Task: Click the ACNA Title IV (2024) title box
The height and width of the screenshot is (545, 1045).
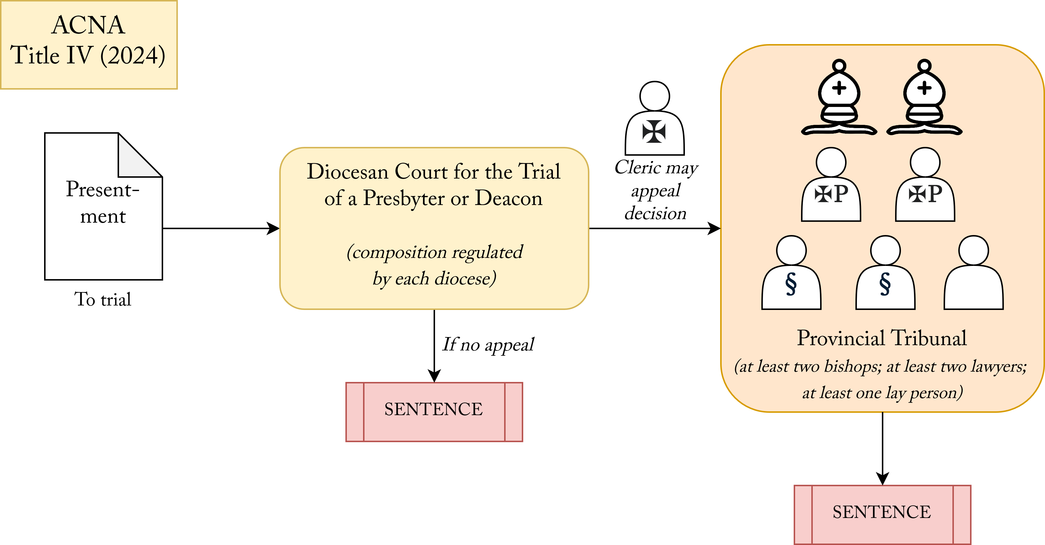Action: tap(88, 45)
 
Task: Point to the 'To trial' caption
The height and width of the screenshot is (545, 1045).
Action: tap(103, 299)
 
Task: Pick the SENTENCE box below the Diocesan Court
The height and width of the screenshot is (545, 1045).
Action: tap(434, 412)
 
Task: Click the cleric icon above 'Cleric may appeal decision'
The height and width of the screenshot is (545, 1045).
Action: tap(654, 119)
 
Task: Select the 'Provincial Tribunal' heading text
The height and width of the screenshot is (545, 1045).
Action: tap(882, 338)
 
